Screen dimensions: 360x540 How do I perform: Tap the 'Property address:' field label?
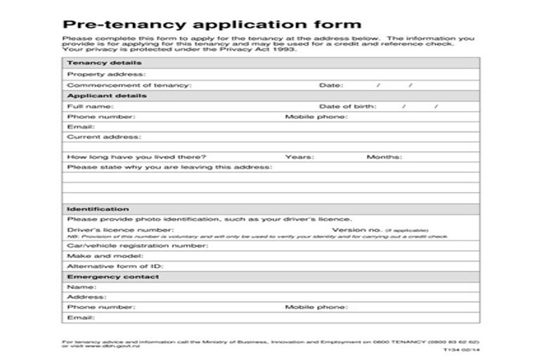click(x=106, y=74)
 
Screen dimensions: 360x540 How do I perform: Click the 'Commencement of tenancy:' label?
click(x=129, y=85)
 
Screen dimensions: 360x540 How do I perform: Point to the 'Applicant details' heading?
click(x=107, y=96)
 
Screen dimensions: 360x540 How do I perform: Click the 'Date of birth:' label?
click(x=347, y=106)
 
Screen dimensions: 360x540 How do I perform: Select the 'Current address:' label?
click(x=103, y=137)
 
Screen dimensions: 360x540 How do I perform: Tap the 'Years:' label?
click(x=300, y=157)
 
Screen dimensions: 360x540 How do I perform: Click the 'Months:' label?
click(x=384, y=157)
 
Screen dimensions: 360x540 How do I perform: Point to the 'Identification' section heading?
click(x=98, y=209)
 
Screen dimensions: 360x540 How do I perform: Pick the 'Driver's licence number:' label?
click(x=120, y=230)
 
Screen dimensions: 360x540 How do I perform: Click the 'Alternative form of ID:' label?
click(x=115, y=267)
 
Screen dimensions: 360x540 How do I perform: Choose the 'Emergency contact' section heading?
click(x=112, y=277)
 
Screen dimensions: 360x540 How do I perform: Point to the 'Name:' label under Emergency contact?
click(x=82, y=288)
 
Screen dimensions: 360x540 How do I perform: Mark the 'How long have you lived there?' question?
click(x=136, y=157)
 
